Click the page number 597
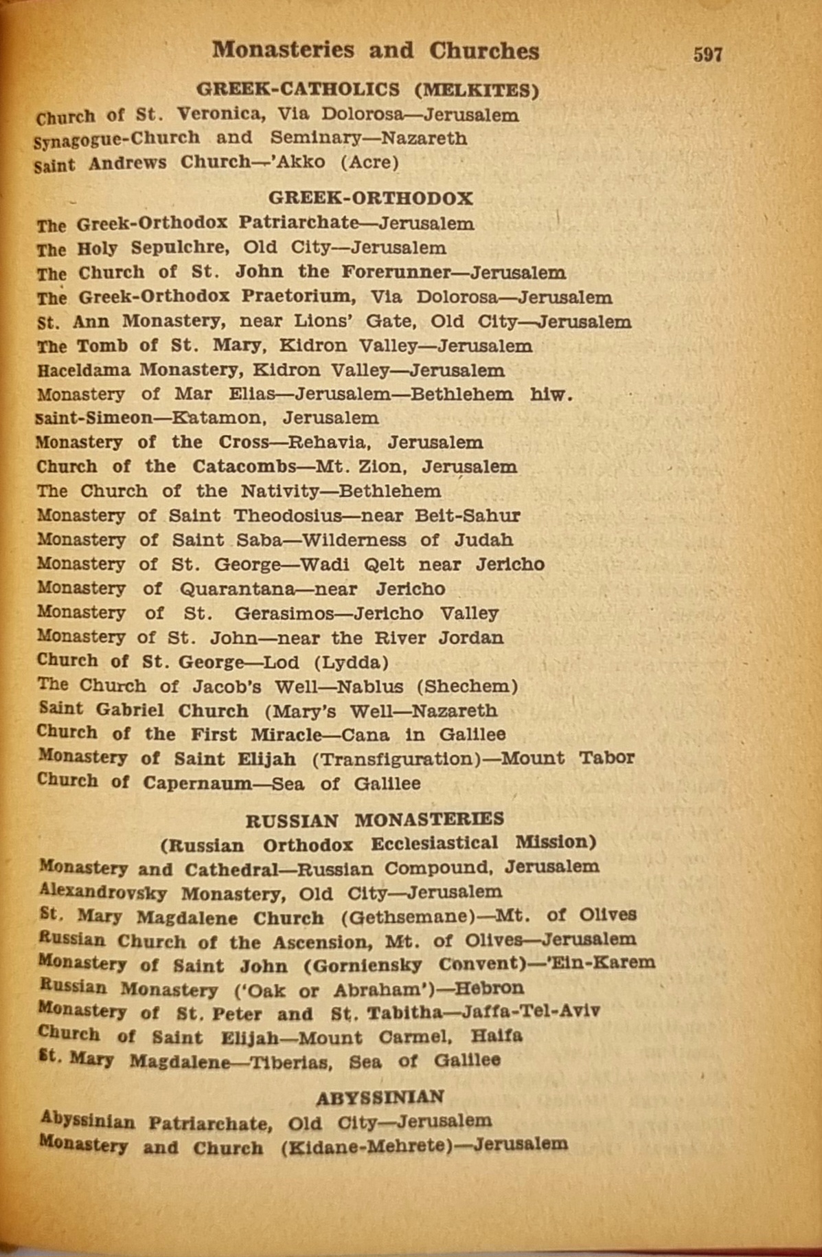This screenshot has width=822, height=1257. [x=707, y=54]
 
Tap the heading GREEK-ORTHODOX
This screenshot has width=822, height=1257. [x=370, y=199]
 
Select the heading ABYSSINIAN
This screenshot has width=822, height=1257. [x=380, y=1097]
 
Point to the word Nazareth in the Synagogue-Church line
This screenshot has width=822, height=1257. [x=424, y=138]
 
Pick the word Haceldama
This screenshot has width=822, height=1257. [x=83, y=370]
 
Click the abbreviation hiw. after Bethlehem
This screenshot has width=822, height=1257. [x=551, y=395]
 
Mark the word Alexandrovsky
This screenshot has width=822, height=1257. [x=103, y=892]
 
